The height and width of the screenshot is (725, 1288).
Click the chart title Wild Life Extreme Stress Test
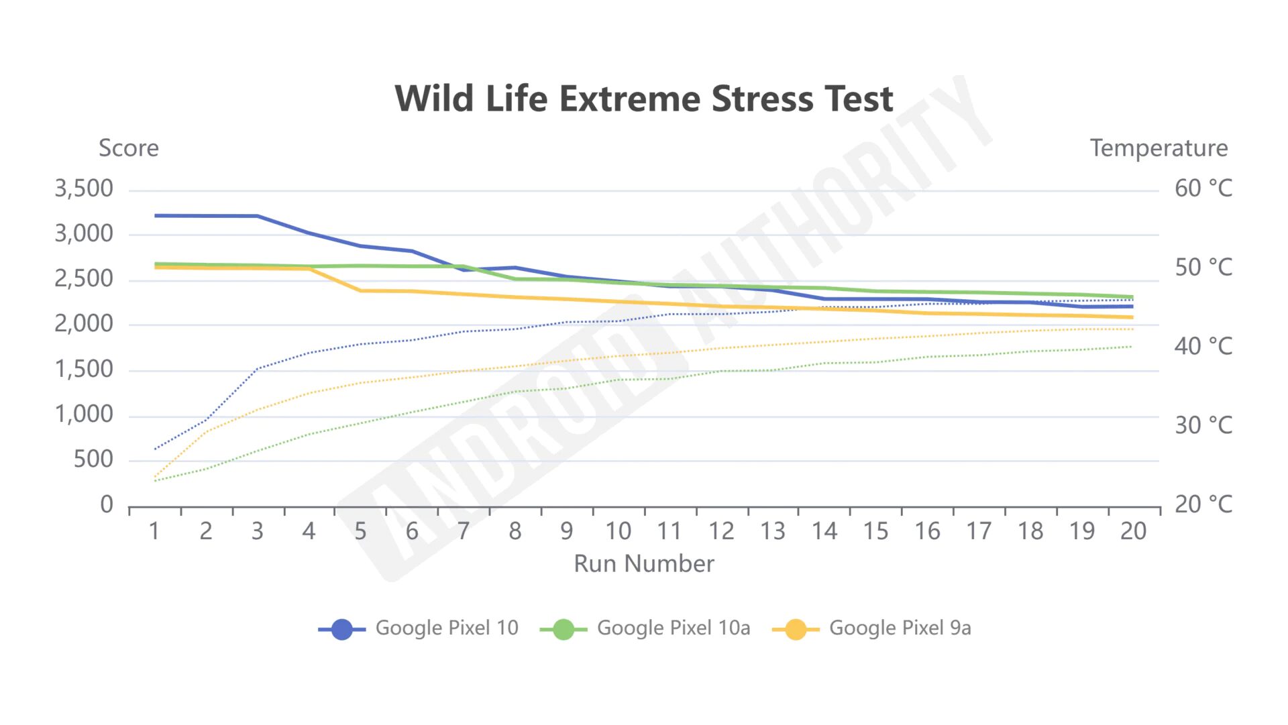click(643, 99)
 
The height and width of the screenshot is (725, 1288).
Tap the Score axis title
click(129, 148)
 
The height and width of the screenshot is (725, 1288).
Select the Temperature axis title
click(1159, 148)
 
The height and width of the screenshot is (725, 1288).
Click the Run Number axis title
click(643, 564)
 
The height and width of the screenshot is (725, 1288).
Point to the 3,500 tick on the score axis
click(84, 188)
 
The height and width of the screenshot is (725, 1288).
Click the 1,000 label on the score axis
click(84, 414)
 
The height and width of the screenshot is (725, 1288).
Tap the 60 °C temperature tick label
click(1203, 188)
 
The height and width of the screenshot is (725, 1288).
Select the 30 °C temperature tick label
click(1203, 425)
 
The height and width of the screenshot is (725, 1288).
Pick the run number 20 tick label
click(1133, 531)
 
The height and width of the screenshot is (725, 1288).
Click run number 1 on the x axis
click(154, 531)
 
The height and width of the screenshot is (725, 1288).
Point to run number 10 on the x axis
click(618, 531)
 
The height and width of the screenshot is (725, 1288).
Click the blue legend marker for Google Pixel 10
click(342, 629)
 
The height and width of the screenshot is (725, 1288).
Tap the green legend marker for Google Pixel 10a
click(563, 629)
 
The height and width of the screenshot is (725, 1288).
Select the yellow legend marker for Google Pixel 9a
click(796, 629)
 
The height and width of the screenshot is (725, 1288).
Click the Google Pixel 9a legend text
click(900, 628)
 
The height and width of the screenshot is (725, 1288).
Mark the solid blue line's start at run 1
click(156, 216)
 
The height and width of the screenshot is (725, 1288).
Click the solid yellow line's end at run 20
click(1132, 317)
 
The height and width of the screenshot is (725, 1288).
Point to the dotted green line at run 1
click(156, 481)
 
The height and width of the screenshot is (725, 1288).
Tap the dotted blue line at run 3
click(258, 369)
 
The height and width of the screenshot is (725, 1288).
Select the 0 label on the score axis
click(107, 504)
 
